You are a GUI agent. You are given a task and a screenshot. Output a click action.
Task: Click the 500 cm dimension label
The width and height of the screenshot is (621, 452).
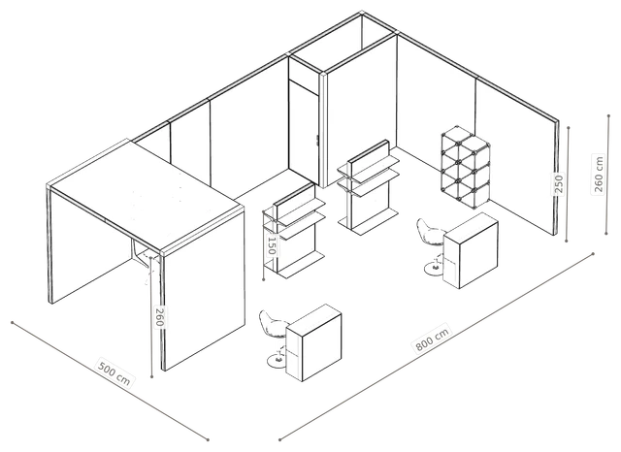114,373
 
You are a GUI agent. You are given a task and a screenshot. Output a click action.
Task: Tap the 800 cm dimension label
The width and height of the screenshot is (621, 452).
433,339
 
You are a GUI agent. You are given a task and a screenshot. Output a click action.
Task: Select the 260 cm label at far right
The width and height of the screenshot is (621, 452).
599,175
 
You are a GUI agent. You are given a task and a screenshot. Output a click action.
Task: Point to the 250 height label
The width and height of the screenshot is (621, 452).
559,183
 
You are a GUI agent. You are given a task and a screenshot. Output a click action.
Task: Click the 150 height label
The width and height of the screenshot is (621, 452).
272,245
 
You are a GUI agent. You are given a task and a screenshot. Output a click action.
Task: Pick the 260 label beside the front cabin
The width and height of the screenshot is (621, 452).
159,317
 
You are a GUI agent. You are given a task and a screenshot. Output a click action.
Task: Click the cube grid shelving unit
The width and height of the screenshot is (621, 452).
466,167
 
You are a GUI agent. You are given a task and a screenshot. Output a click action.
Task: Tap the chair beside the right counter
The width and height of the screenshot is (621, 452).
431,245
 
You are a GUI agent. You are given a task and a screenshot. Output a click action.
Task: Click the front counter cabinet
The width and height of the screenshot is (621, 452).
313,342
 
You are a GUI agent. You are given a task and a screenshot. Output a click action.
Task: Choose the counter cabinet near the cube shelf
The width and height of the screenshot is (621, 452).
471,250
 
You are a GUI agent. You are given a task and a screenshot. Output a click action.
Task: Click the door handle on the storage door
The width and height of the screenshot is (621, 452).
317,141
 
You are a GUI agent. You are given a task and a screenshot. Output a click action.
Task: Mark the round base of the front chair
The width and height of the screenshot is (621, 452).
278,361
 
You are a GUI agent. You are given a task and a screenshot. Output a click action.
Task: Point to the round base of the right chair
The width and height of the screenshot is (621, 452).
434,268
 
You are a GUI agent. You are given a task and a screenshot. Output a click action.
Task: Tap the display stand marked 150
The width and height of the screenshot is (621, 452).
295,230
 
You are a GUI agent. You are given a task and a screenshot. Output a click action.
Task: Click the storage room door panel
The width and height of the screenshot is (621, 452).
304,133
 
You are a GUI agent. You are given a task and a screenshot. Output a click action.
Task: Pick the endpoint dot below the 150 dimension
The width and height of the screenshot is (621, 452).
264,279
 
